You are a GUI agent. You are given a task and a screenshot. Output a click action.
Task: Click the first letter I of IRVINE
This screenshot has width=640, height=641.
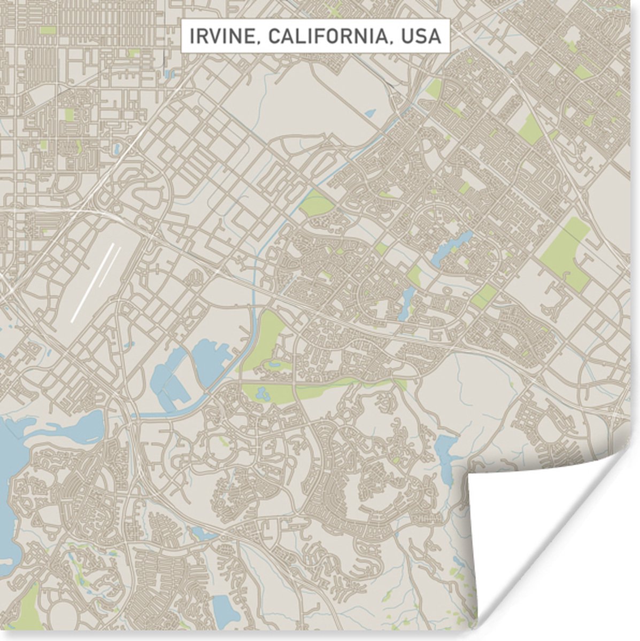[191, 36]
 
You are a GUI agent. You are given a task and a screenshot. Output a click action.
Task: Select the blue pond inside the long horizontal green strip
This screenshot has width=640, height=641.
[262, 394]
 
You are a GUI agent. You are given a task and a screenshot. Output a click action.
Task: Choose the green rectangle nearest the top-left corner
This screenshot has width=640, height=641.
[48, 30]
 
